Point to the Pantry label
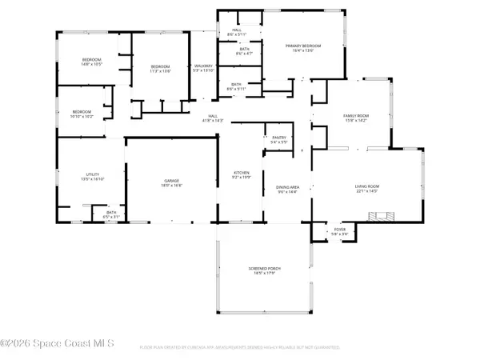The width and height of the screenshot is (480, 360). pyautogui.click(x=279, y=139)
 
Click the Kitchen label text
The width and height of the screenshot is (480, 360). pyautogui.click(x=242, y=175)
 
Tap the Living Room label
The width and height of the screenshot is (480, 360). pyautogui.click(x=371, y=189)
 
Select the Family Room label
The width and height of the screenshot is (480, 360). pyautogui.click(x=354, y=118)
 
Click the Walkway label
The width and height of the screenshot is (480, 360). pyautogui.click(x=203, y=69)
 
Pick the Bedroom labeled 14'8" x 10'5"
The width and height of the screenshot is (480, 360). pyautogui.click(x=92, y=62)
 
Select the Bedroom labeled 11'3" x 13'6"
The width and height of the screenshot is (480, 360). pyautogui.click(x=162, y=69)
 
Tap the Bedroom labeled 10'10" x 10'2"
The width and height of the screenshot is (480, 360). pyautogui.click(x=82, y=114)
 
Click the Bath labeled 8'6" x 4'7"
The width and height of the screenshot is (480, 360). pyautogui.click(x=244, y=51)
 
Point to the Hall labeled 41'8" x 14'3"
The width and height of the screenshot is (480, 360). pyautogui.click(x=213, y=118)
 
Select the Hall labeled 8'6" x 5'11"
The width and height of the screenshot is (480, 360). pyautogui.click(x=236, y=32)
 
